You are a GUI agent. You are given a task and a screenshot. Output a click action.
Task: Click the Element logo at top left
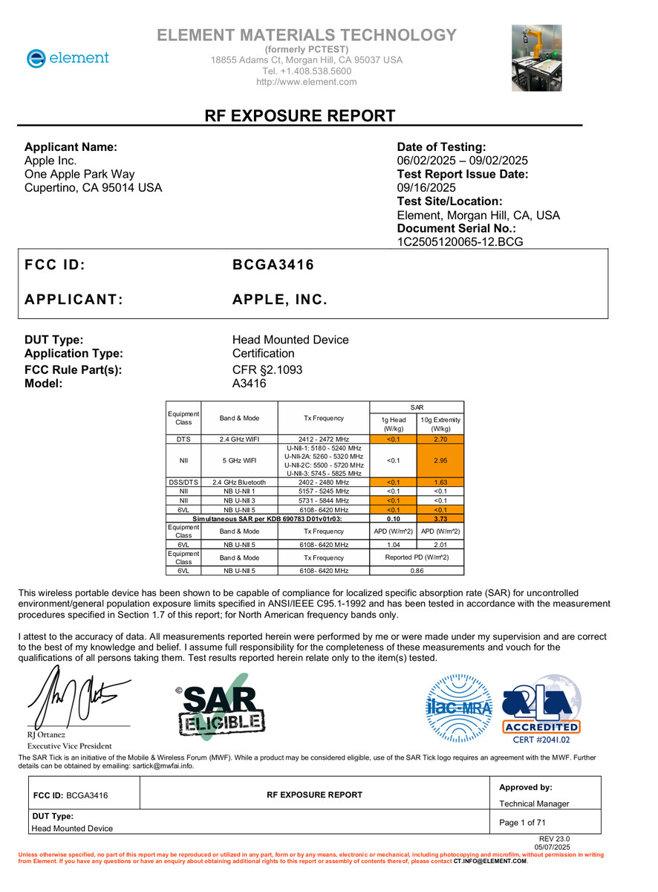[68, 58]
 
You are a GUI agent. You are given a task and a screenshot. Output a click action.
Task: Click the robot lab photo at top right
[535, 58]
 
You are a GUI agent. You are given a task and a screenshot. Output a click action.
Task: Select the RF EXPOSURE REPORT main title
[300, 116]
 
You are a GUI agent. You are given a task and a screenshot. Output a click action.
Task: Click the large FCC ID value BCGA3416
[273, 265]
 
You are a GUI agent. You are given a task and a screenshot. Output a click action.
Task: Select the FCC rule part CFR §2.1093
[267, 369]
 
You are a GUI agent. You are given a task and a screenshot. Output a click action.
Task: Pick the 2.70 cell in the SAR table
[440, 439]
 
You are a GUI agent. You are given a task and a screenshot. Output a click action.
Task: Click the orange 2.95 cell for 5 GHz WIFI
[440, 460]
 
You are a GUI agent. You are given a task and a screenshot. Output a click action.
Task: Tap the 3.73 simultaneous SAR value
[440, 519]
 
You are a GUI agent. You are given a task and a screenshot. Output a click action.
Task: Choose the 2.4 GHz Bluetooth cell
[239, 482]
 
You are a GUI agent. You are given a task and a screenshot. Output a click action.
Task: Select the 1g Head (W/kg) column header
[393, 424]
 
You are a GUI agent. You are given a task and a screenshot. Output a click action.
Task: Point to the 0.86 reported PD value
[417, 571]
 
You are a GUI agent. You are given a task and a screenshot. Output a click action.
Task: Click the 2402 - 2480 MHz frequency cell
[322, 482]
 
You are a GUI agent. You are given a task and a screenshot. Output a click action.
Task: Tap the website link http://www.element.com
[306, 82]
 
